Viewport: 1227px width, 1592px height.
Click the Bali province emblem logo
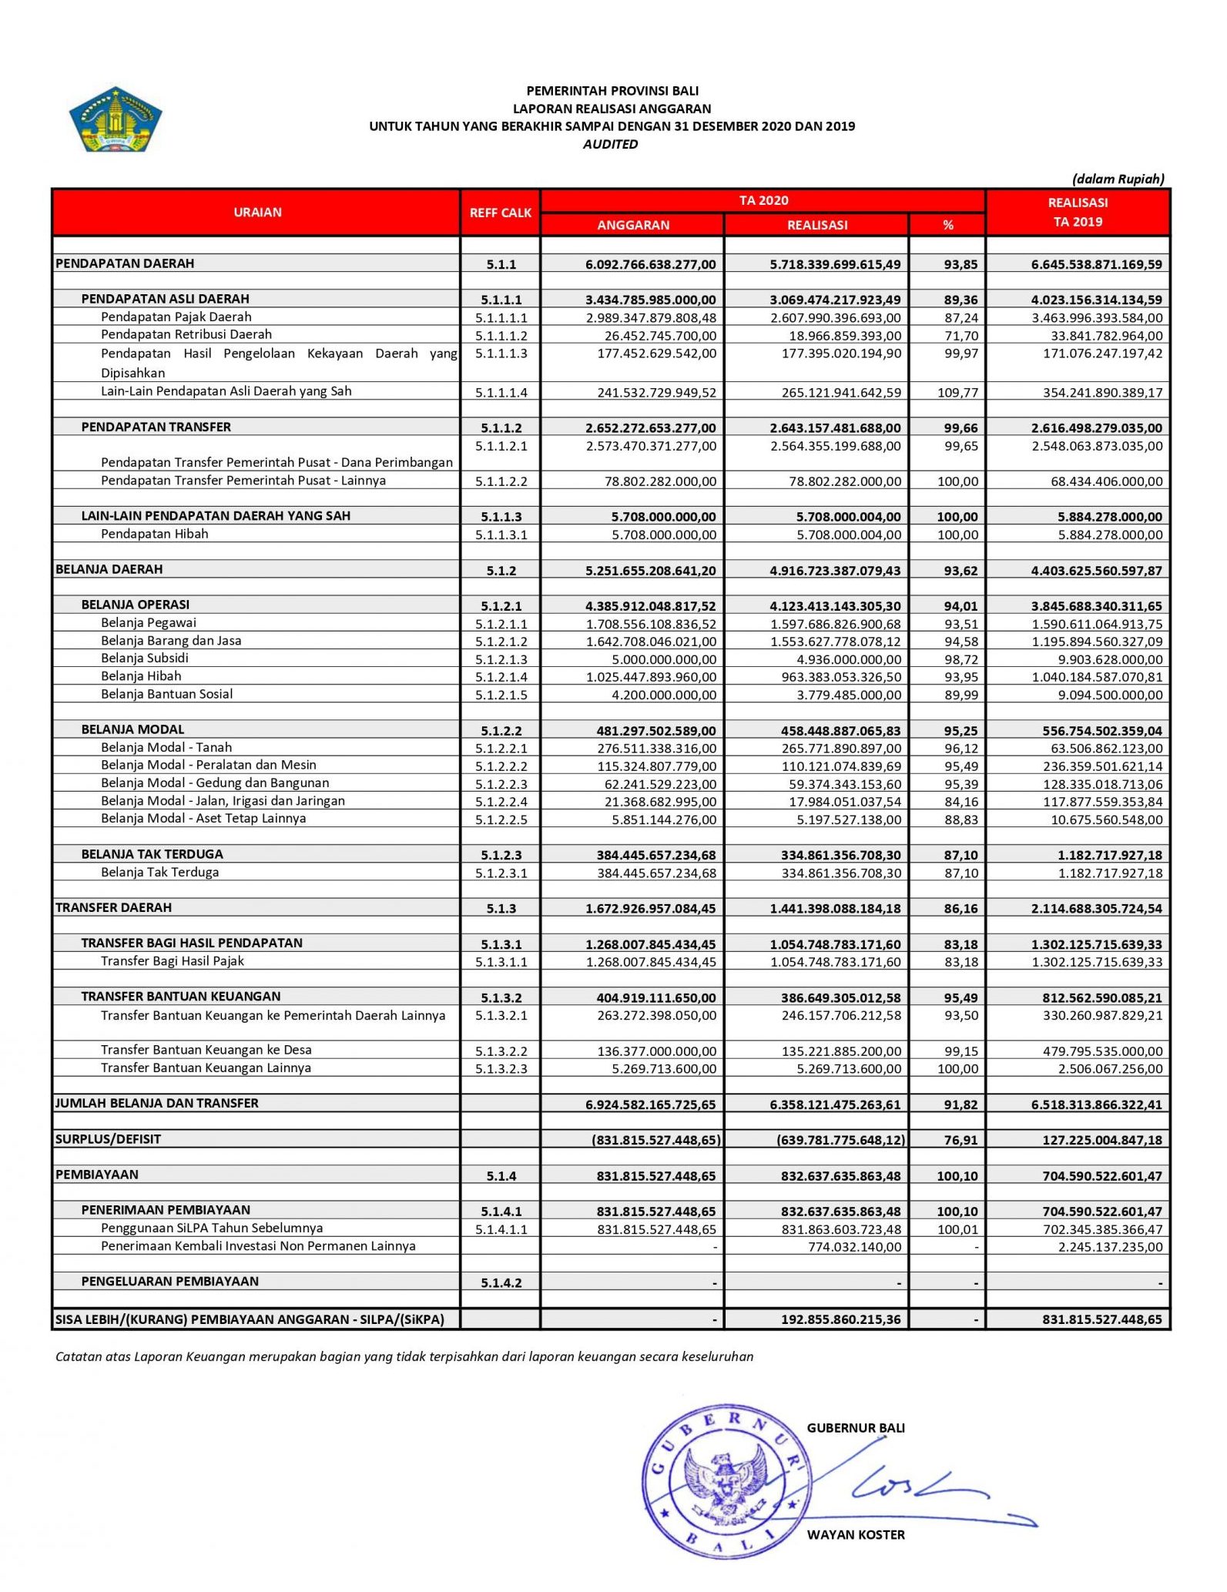(x=116, y=119)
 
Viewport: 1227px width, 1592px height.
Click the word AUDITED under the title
(x=610, y=144)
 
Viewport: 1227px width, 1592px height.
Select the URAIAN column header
(x=257, y=212)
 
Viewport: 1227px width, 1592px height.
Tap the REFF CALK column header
(x=501, y=213)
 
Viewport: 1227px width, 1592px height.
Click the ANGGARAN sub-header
(x=633, y=225)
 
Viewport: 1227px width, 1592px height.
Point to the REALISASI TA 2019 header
(x=1078, y=212)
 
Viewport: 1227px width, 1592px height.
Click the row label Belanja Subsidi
(x=145, y=659)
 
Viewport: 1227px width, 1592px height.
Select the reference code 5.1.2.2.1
(x=501, y=749)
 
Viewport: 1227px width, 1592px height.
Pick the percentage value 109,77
(x=957, y=393)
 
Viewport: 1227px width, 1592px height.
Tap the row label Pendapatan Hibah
(x=155, y=535)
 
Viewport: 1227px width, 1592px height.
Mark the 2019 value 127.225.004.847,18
(x=1102, y=1140)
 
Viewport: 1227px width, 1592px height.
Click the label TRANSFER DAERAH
(x=114, y=908)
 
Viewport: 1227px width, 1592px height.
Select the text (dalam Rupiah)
(x=1118, y=179)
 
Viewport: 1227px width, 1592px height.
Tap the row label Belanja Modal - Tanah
(x=166, y=748)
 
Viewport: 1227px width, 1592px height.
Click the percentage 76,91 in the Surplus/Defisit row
(x=960, y=1140)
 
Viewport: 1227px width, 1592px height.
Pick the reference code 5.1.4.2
(x=501, y=1283)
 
